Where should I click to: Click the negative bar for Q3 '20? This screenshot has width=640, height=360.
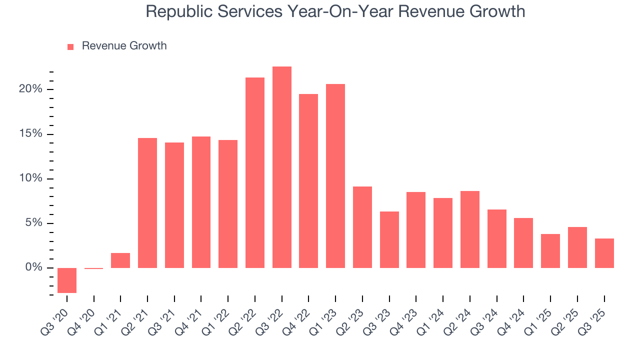point(67,280)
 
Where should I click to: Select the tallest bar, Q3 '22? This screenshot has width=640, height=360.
point(282,167)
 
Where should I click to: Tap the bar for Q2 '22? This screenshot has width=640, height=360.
point(255,172)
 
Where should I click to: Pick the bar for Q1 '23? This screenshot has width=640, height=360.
point(335,176)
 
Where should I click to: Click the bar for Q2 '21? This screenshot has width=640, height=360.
point(147,203)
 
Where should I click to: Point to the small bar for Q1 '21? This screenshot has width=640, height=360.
point(120,260)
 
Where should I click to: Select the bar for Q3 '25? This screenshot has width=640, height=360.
point(604,253)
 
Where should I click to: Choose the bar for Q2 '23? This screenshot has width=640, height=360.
point(362,227)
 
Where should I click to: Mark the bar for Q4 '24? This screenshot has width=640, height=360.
point(523,243)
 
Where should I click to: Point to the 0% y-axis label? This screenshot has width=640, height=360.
point(33,268)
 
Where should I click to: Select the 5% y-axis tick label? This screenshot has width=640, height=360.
point(33,223)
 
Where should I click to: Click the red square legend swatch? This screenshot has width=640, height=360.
point(70,46)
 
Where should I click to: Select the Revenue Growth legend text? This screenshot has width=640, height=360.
point(124,46)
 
